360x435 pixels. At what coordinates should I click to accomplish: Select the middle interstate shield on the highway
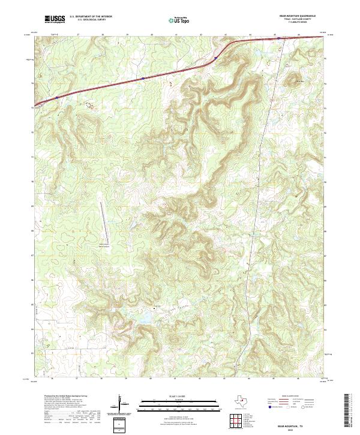tap(142, 78)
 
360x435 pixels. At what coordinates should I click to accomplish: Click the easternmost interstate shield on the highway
tap(215, 58)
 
